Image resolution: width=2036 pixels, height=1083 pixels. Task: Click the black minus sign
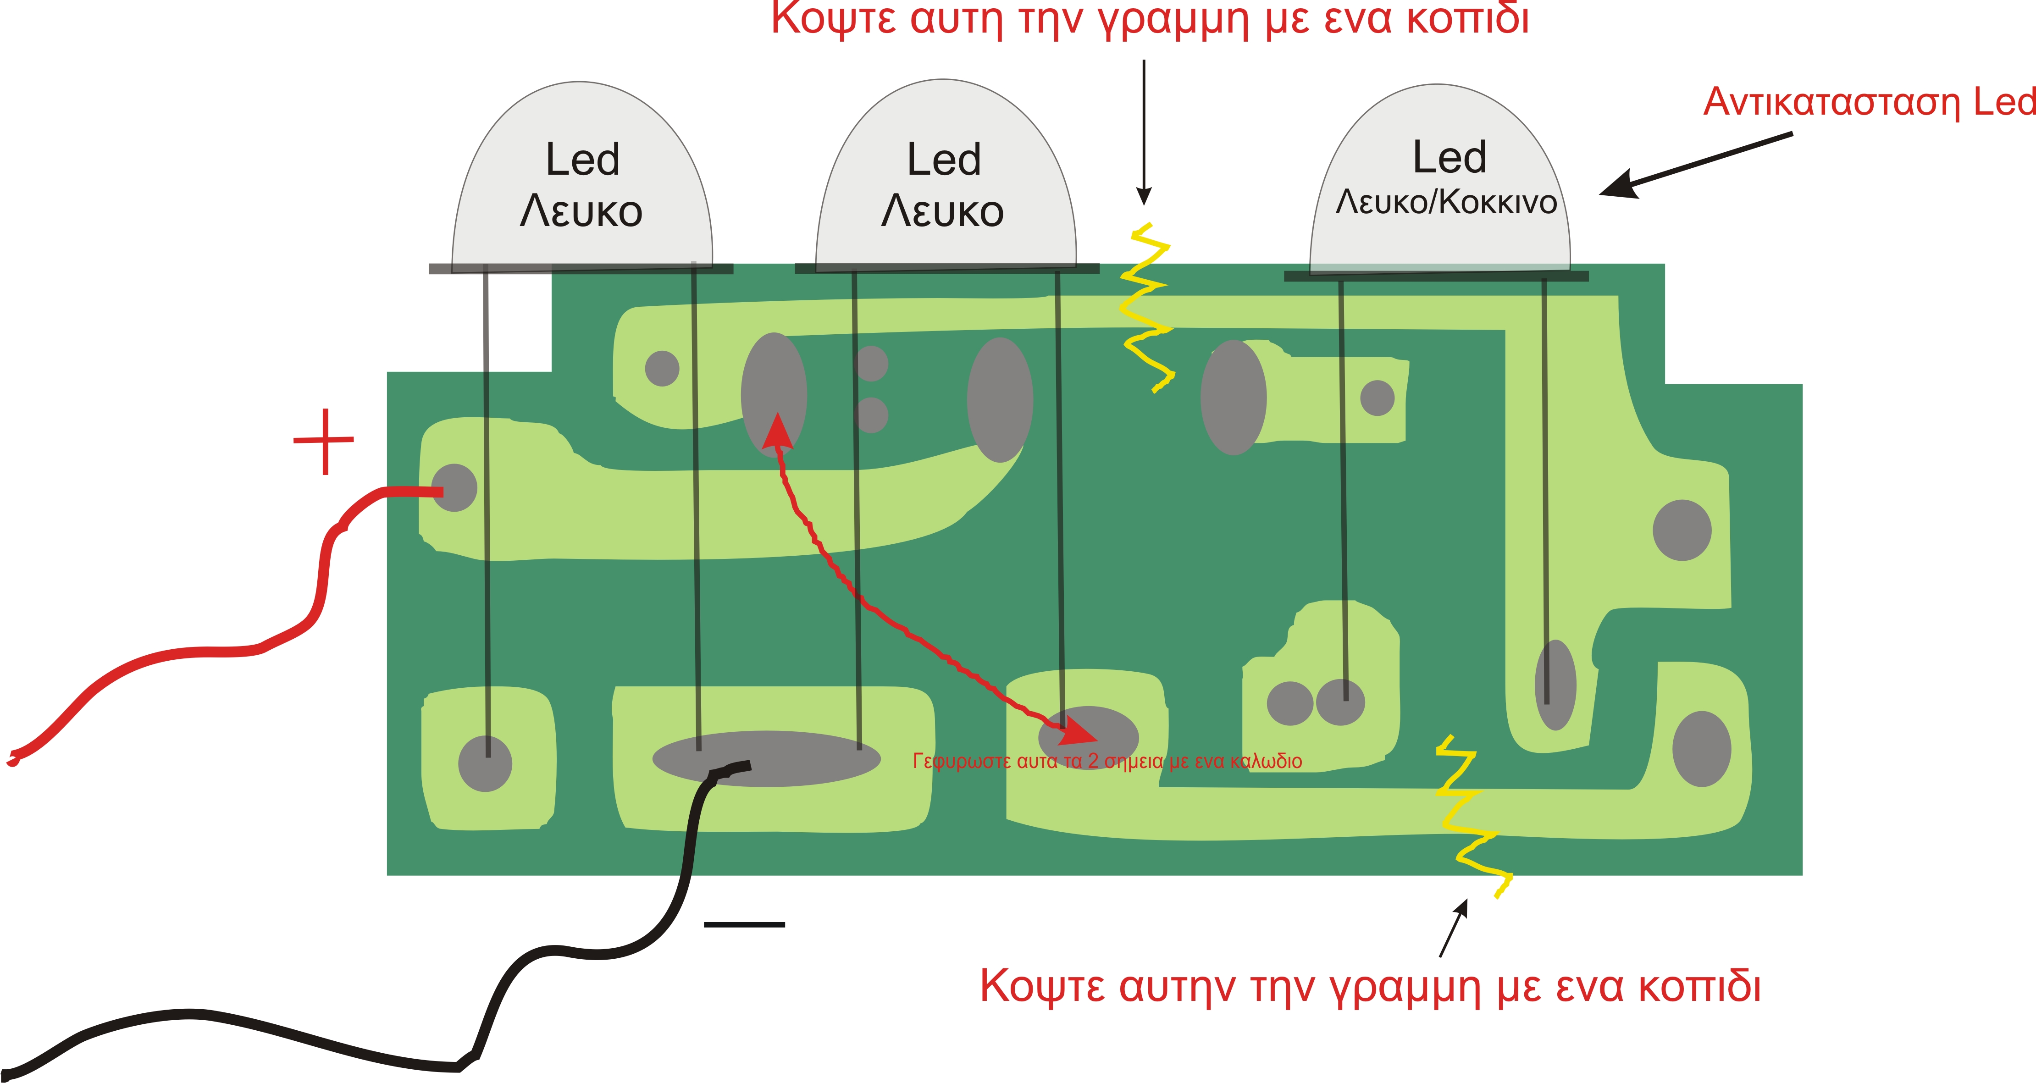pyautogui.click(x=744, y=924)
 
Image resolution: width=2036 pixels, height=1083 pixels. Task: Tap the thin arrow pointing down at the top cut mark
pyautogui.click(x=1144, y=132)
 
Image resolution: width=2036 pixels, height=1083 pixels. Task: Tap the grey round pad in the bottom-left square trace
pyautogui.click(x=485, y=763)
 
